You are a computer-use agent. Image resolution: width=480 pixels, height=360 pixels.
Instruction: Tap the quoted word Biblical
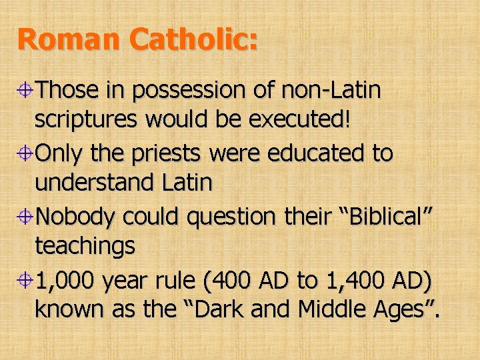(x=375, y=217)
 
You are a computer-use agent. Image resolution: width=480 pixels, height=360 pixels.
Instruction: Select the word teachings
(x=85, y=247)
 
